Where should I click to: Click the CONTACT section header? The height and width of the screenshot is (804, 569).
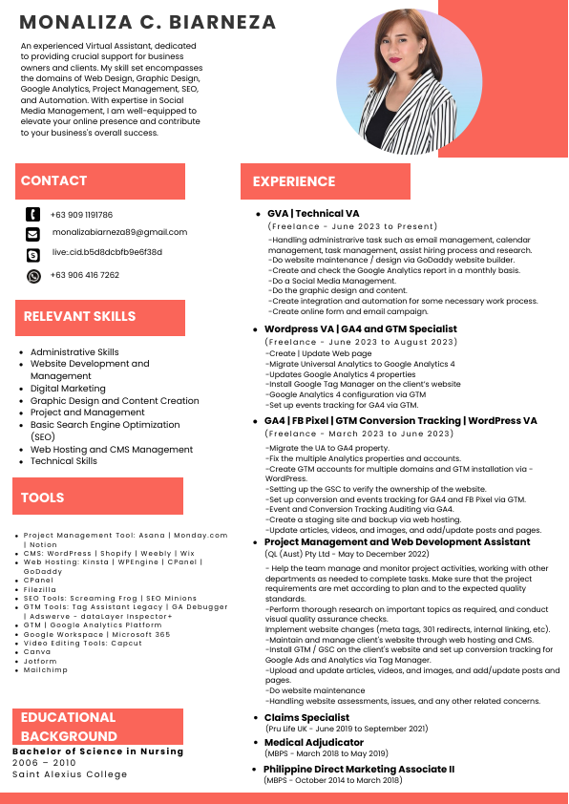(x=54, y=180)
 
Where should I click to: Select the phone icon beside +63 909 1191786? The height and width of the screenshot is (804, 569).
(x=33, y=215)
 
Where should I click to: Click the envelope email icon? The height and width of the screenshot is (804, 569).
(x=33, y=234)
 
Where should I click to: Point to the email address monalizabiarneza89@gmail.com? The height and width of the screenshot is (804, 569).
(x=119, y=232)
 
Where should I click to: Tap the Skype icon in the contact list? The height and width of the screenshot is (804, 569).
(x=33, y=254)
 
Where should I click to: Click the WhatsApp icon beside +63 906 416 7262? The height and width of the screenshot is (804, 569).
(x=33, y=276)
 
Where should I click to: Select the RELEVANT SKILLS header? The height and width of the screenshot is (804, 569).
(x=80, y=316)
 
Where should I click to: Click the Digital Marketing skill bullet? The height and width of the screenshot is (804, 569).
(x=68, y=389)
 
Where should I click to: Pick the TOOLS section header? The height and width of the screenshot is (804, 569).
(x=43, y=497)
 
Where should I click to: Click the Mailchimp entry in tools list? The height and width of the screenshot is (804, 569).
(x=45, y=670)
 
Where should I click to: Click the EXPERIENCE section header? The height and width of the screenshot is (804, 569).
(x=294, y=181)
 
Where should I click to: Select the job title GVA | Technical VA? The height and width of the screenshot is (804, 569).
(x=313, y=214)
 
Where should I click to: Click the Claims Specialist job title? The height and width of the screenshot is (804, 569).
(x=306, y=717)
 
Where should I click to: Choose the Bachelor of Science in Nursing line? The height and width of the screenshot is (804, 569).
(x=97, y=751)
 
